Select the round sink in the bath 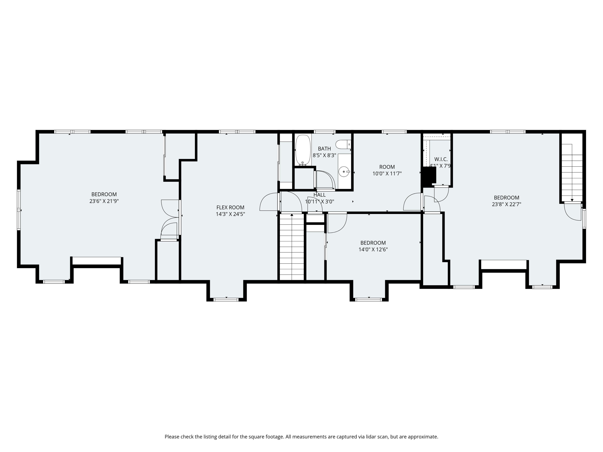(344, 172)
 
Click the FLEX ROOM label (230, 207)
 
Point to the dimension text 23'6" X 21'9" (104, 201)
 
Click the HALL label (320, 195)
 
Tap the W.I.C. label (441, 159)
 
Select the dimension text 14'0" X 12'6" (373, 249)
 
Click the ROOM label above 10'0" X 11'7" (387, 167)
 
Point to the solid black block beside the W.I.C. (429, 177)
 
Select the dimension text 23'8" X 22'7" (507, 204)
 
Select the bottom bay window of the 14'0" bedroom (369, 300)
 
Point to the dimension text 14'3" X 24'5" (230, 214)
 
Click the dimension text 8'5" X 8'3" (324, 155)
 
